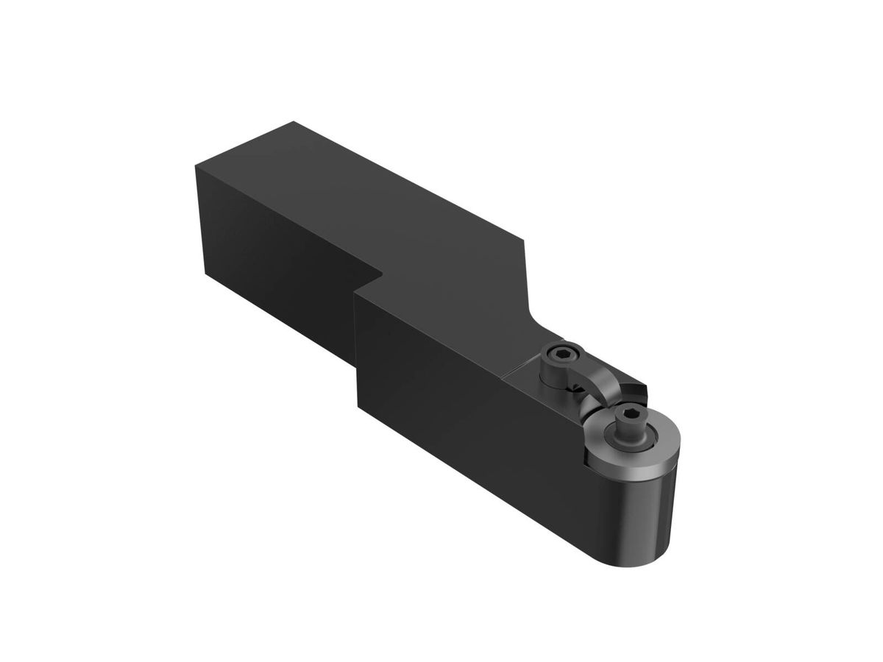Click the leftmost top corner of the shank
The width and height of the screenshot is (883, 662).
click(x=196, y=166)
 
